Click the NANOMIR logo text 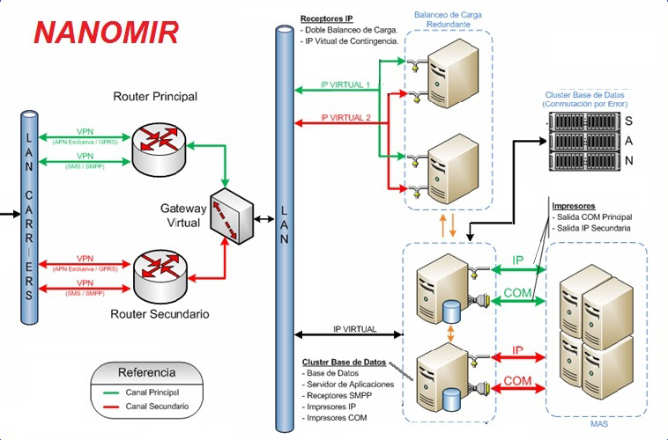[x=106, y=32]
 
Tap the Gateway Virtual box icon [x=232, y=215]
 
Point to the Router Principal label [x=155, y=96]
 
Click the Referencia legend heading [x=146, y=371]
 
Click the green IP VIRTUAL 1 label [x=345, y=84]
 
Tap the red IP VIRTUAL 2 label [x=345, y=116]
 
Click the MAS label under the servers [x=598, y=424]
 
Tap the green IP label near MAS [x=518, y=261]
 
